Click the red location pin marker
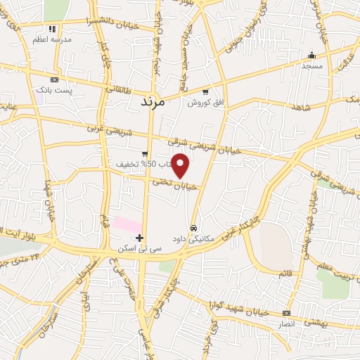(181, 165)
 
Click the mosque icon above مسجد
(311, 56)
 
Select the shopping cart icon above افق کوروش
(205, 92)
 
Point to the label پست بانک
(54, 91)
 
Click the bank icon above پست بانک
(54, 80)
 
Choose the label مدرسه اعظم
(52, 40)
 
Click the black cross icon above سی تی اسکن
(141, 238)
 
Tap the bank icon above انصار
(286, 313)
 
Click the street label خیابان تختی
(172, 182)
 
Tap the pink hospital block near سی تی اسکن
(128, 225)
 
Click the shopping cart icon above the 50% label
(145, 154)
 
